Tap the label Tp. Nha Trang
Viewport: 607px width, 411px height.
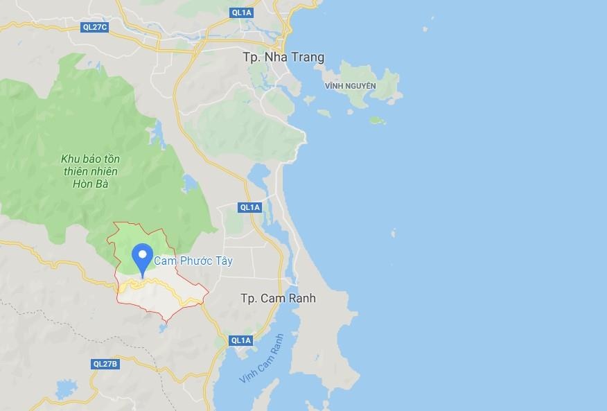tap(283, 58)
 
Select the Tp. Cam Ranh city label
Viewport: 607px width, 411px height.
tap(278, 298)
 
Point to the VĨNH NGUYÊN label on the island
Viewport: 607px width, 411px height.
tap(350, 86)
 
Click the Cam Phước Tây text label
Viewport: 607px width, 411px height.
tap(193, 261)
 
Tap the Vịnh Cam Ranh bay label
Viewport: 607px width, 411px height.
tap(261, 359)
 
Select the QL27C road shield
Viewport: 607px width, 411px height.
tap(95, 27)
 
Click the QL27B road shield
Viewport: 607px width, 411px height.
tap(105, 364)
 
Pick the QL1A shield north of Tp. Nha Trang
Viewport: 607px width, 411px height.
tap(240, 12)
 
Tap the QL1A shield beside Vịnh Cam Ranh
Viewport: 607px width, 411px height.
tap(240, 340)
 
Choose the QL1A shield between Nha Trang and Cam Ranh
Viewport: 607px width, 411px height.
tap(249, 207)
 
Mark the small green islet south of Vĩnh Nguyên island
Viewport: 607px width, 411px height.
tap(377, 120)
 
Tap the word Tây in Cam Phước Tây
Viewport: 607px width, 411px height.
tap(222, 261)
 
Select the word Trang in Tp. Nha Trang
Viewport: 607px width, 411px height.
tap(308, 58)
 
